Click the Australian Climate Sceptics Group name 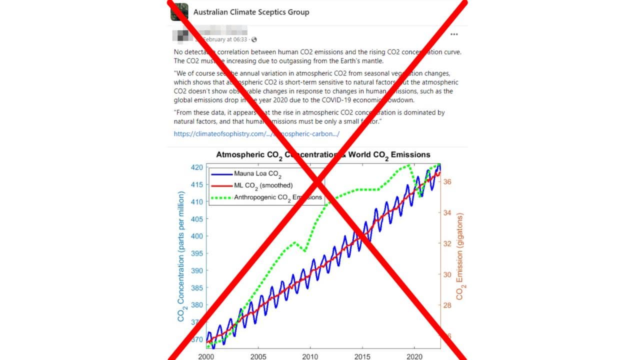[x=251, y=12]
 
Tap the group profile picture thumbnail [x=179, y=12]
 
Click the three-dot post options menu [x=454, y=34]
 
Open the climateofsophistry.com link [x=256, y=133]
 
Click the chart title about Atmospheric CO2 [x=323, y=155]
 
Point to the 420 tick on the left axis [x=197, y=167]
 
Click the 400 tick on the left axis [x=197, y=236]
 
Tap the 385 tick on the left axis [x=197, y=288]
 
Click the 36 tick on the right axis [x=447, y=181]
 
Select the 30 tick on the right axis [x=447, y=274]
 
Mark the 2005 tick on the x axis [x=258, y=356]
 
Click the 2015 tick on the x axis [x=362, y=356]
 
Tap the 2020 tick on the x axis [x=414, y=356]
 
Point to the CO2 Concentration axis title [x=182, y=255]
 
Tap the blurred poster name [x=183, y=35]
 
